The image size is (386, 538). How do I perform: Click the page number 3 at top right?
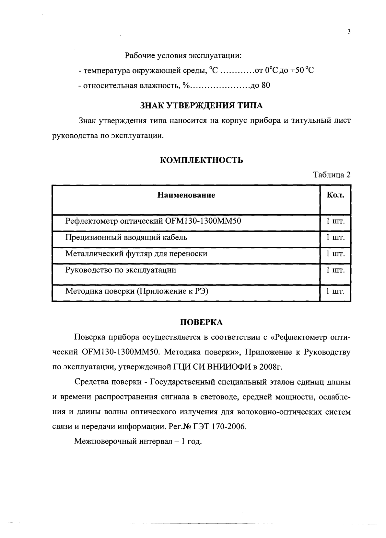[349, 32]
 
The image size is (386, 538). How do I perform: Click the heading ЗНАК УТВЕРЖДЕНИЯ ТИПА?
[201, 106]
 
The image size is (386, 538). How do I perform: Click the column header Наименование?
[186, 195]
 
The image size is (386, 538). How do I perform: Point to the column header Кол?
[335, 195]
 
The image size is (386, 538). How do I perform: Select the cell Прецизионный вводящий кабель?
[126, 238]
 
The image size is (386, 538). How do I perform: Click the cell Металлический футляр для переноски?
[136, 254]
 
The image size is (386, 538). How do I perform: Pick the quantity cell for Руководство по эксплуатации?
[335, 270]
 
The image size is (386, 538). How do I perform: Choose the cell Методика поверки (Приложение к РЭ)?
[136, 291]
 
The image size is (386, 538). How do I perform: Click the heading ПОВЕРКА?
[201, 322]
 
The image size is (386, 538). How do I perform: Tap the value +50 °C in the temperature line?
[302, 70]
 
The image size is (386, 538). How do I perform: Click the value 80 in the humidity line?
[265, 85]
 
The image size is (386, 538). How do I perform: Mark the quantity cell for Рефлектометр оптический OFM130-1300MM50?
[335, 221]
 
